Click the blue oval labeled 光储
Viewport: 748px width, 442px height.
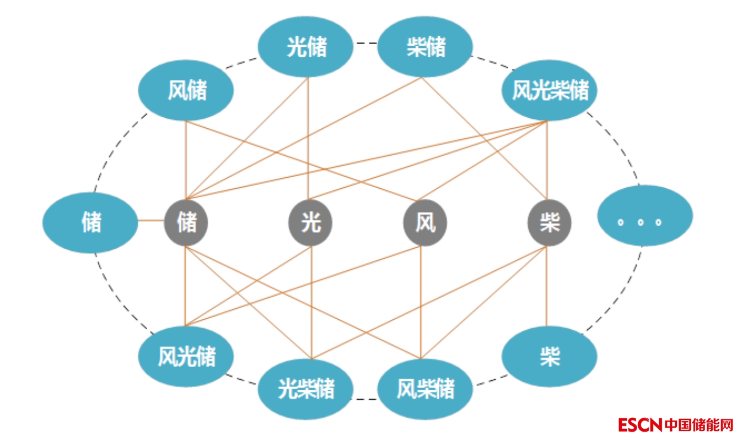(x=306, y=47)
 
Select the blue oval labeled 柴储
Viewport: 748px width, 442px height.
(x=425, y=47)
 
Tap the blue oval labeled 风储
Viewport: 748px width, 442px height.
(x=186, y=90)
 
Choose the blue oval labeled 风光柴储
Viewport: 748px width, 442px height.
(x=550, y=90)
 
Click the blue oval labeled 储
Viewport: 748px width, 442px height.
(x=90, y=223)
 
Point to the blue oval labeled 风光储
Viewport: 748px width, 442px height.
(x=186, y=356)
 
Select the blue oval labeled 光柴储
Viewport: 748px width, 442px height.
(x=306, y=389)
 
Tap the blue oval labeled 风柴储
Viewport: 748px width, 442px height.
(x=425, y=389)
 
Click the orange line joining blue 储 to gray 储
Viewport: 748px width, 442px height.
(x=151, y=221)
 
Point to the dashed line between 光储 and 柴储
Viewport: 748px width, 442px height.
(x=365, y=42)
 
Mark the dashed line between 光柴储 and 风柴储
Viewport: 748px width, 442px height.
(x=365, y=399)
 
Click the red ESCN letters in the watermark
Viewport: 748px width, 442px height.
(x=640, y=425)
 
